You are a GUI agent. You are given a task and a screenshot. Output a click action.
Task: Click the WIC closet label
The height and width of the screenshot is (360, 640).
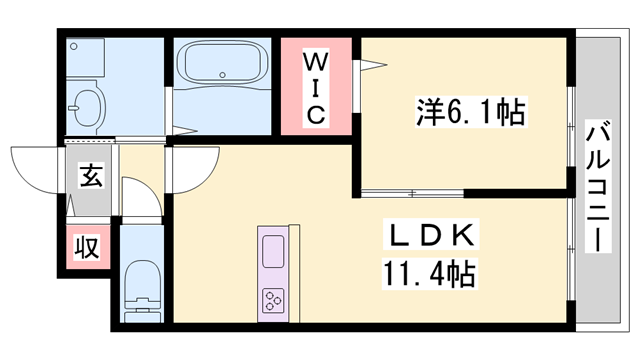click(x=315, y=86)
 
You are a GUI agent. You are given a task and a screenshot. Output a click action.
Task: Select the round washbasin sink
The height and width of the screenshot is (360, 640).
click(x=88, y=104)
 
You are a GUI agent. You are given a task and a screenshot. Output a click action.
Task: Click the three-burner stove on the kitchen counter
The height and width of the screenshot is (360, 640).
click(x=273, y=299)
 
